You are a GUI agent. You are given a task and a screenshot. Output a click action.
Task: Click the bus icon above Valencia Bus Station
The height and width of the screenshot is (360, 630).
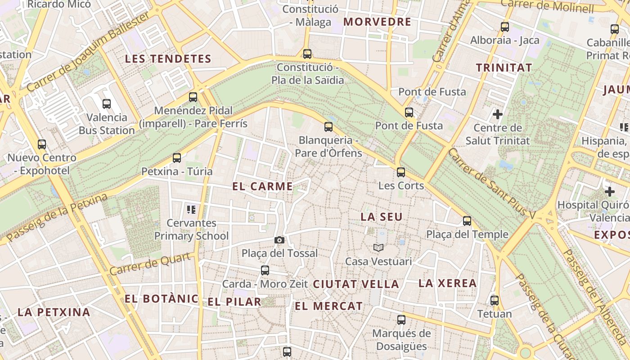pos(107,104)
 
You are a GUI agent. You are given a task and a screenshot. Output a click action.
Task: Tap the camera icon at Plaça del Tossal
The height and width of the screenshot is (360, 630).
pos(279,240)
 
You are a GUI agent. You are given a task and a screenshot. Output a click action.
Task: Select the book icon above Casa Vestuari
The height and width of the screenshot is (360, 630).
pos(378,247)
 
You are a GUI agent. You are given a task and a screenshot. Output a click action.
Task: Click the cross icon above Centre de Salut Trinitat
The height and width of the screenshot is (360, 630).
pos(498,114)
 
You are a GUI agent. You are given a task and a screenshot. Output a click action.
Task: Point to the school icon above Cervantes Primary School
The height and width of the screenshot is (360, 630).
pos(191,209)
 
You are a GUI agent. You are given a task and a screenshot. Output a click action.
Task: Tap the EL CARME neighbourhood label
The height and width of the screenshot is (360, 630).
pos(263,186)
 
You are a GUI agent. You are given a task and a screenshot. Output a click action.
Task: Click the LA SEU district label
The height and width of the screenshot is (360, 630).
pos(382,217)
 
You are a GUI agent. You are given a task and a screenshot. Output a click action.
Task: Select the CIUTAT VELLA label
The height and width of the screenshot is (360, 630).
pos(356,284)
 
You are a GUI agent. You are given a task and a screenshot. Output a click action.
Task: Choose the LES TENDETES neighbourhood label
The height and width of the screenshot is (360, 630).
pos(168,59)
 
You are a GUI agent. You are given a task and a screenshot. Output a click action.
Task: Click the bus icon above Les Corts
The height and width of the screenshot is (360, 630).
pos(401,172)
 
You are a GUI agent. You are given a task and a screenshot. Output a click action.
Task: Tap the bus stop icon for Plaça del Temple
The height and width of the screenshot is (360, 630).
pos(467,221)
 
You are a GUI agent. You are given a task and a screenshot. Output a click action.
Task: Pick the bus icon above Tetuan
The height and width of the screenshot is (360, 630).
pos(495,300)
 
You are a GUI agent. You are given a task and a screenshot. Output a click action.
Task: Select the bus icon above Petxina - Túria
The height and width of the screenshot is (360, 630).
pos(177,157)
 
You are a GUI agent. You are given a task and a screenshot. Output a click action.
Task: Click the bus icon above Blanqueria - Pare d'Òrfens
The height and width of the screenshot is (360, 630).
pos(328,127)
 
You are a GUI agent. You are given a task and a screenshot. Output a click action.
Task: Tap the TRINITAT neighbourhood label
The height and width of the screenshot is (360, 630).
pos(504,68)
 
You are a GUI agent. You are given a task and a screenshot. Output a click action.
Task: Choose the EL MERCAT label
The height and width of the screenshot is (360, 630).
pos(328,306)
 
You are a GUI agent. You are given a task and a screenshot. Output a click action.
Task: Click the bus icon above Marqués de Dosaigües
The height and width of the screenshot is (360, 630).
pos(401,320)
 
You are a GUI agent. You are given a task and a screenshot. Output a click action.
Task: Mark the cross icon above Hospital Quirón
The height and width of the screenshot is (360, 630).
pos(610,192)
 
